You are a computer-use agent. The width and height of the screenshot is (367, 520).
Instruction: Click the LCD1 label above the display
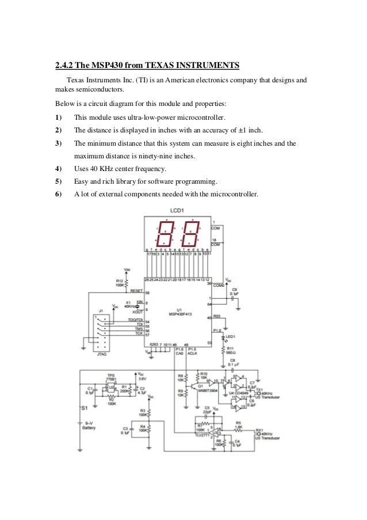(177, 211)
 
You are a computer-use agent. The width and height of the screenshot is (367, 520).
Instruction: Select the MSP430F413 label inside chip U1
(179, 315)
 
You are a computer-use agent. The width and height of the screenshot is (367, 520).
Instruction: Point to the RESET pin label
(136, 291)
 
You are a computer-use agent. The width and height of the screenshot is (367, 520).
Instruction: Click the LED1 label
(231, 336)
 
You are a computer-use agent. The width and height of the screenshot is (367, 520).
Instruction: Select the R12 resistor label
(120, 280)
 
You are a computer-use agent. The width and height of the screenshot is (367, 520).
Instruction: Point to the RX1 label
(259, 429)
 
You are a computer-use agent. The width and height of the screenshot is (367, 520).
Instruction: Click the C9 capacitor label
(234, 289)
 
